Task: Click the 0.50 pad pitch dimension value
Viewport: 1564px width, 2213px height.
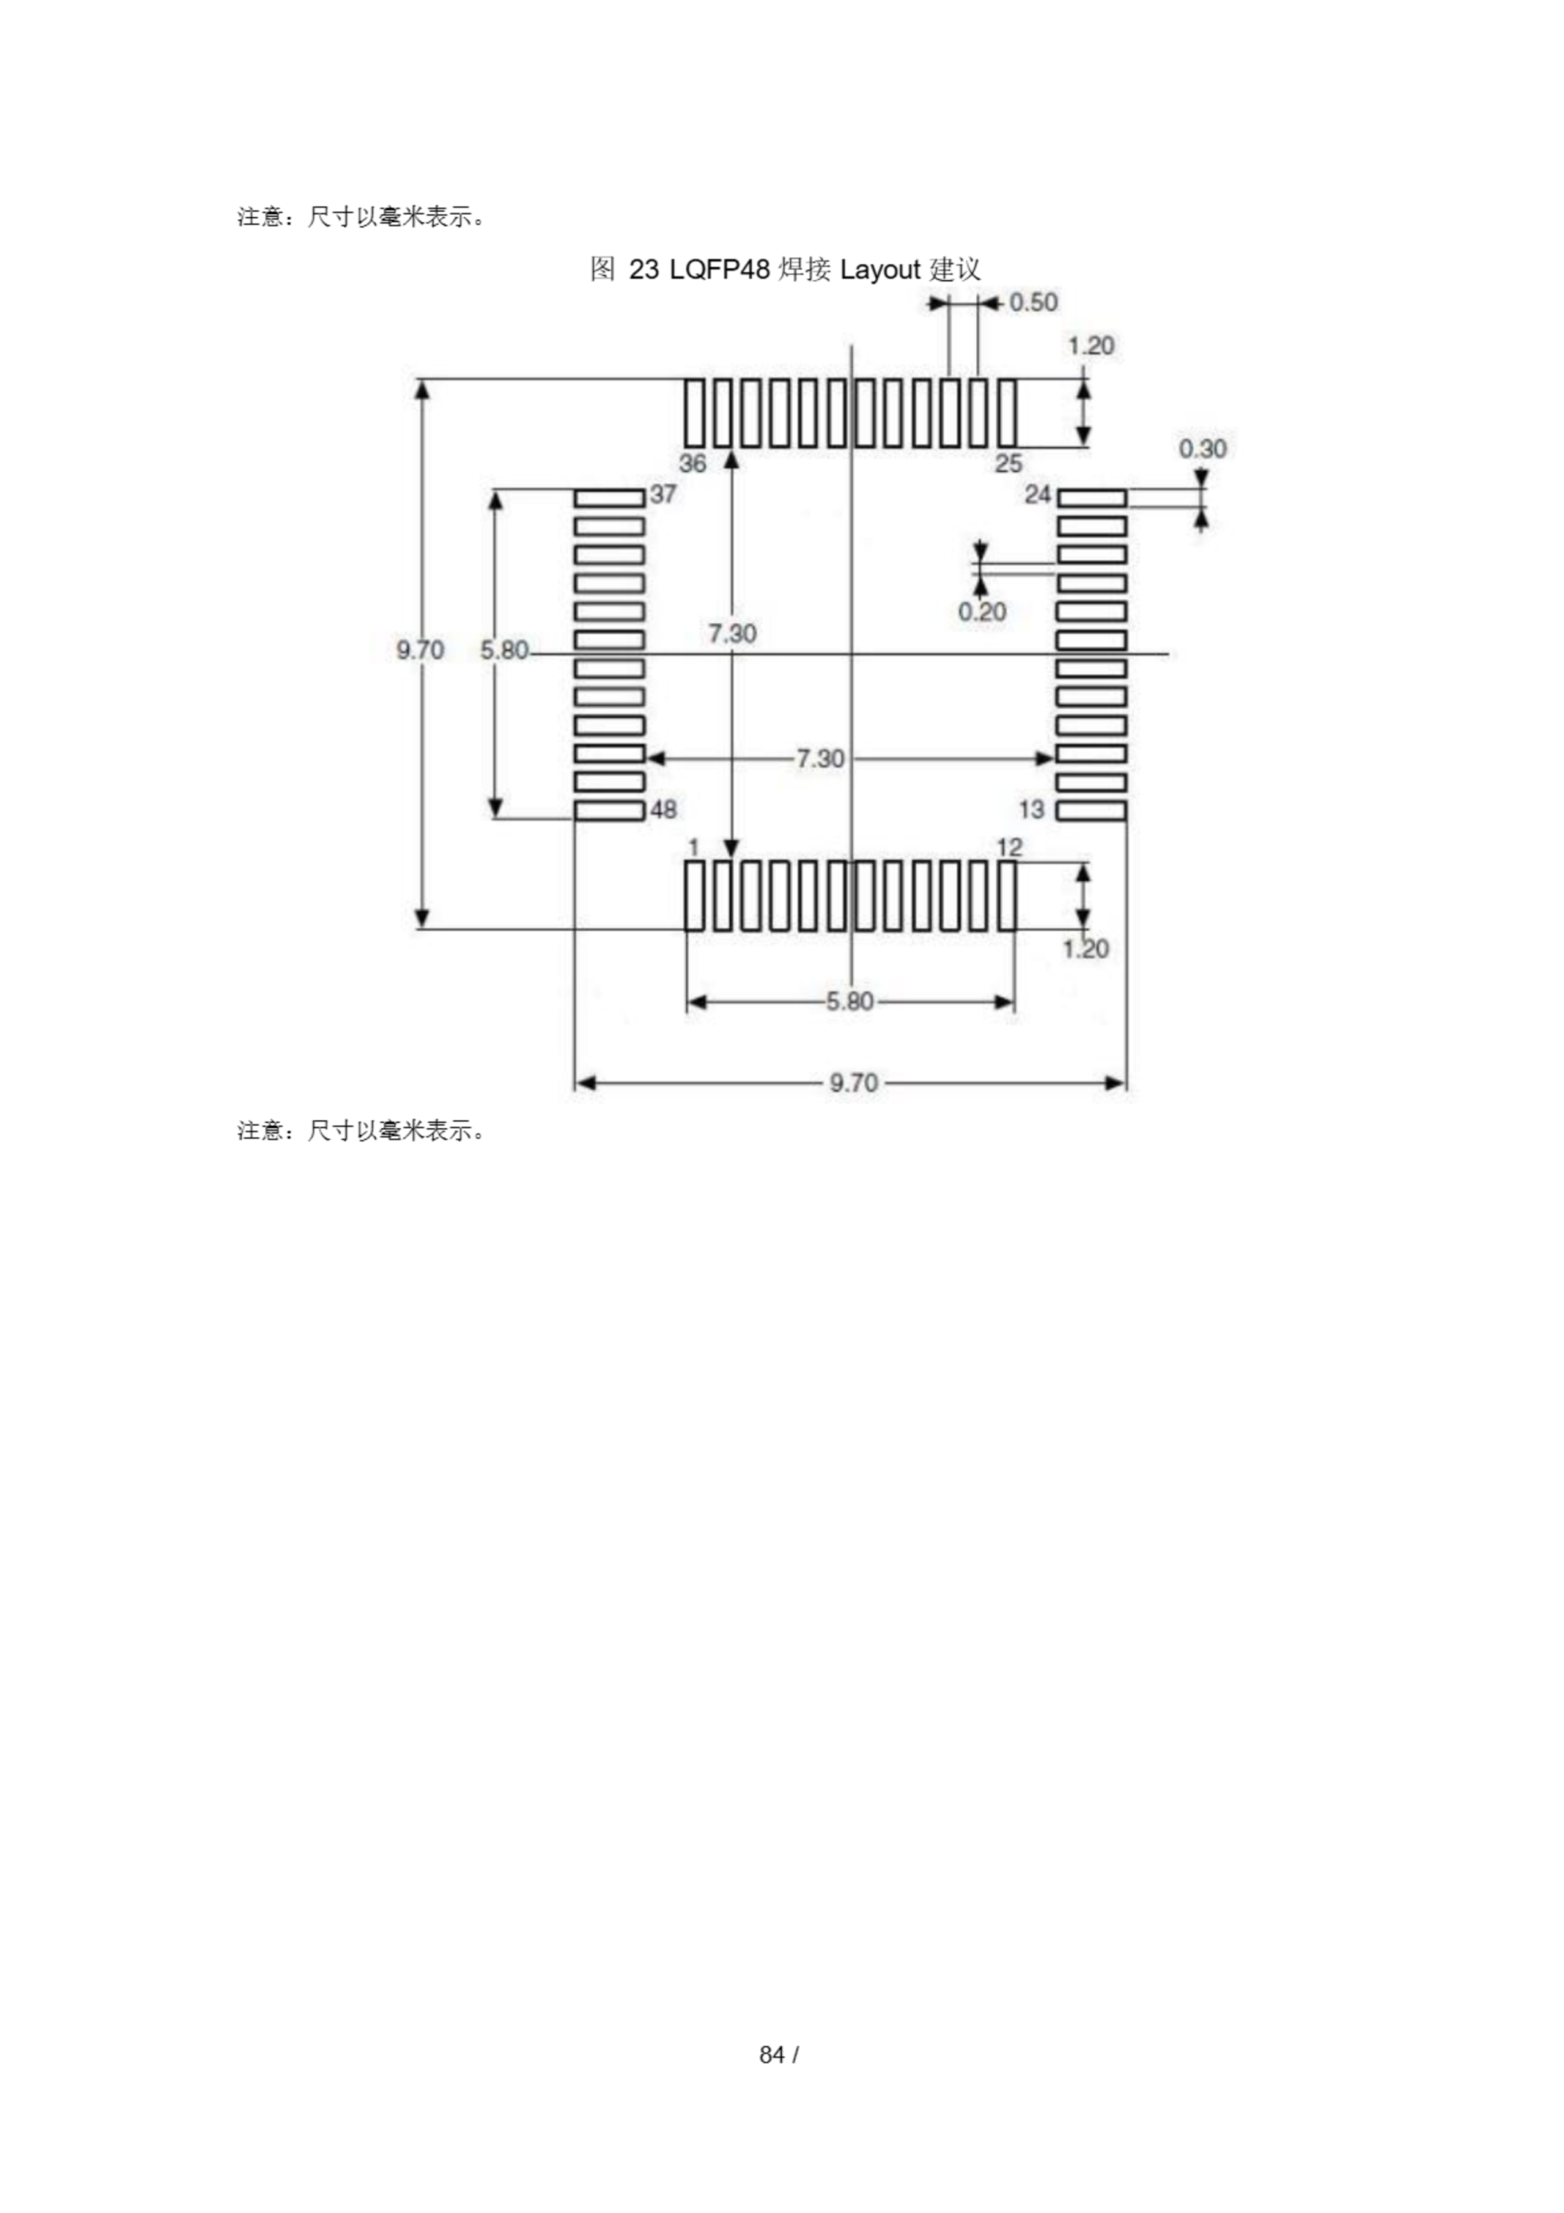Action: pyautogui.click(x=1033, y=303)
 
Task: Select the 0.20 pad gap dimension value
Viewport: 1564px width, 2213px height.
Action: pyautogui.click(x=982, y=611)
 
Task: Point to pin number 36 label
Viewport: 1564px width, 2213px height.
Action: pyautogui.click(x=693, y=463)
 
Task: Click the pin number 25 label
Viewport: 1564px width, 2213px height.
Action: pyautogui.click(x=1008, y=463)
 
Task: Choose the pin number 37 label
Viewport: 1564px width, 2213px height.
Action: pyautogui.click(x=663, y=494)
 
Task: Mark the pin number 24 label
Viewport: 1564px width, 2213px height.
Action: pyautogui.click(x=1037, y=494)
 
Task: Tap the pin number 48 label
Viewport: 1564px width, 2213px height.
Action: pyautogui.click(x=663, y=810)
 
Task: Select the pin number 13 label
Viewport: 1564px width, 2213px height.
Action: pyautogui.click(x=1031, y=810)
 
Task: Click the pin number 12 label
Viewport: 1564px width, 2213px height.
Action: pyautogui.click(x=1009, y=847)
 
